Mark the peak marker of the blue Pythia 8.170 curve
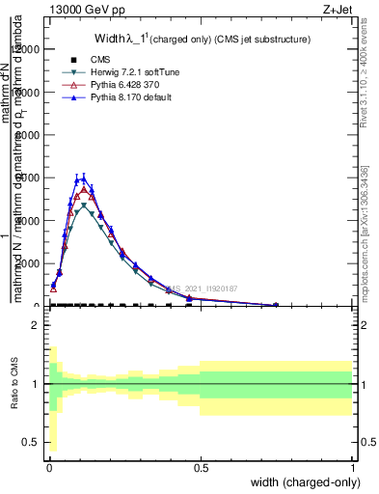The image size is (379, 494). (84, 178)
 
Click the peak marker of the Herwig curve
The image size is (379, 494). (85, 206)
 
